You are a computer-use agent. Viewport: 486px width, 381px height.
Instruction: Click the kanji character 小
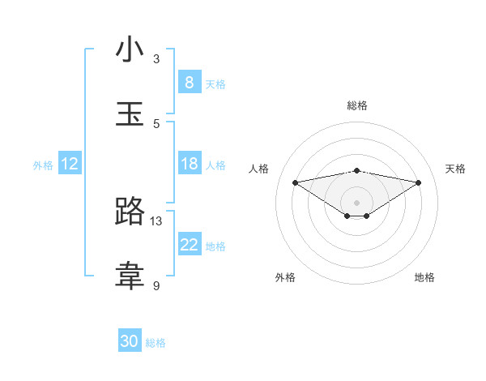(130, 50)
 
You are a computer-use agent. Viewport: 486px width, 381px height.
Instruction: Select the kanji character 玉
(130, 114)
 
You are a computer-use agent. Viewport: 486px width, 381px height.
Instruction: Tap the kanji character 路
(130, 212)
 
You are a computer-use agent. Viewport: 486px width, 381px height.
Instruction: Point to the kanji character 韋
(130, 276)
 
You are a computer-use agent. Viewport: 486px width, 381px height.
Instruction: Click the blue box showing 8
(189, 83)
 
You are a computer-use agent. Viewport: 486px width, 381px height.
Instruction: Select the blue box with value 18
(189, 164)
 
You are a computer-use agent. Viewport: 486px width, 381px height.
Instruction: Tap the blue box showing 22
(189, 245)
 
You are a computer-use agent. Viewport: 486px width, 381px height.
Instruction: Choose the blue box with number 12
(70, 164)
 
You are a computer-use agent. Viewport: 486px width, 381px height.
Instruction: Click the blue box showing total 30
(130, 341)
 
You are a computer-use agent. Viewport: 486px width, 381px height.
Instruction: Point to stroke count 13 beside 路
(156, 220)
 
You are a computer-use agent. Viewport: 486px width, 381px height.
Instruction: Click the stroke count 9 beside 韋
(156, 285)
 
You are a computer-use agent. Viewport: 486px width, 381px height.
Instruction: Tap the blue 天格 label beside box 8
(215, 83)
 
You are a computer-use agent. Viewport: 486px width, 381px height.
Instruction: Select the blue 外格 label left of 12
(43, 165)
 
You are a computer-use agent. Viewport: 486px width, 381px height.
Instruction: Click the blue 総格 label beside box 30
(156, 343)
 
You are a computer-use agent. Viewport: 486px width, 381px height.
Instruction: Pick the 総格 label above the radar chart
(356, 105)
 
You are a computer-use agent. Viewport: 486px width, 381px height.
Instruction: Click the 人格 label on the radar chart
(259, 169)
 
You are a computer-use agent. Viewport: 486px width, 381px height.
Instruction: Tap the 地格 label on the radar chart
(424, 277)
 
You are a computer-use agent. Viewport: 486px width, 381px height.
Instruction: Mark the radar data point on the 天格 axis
(419, 182)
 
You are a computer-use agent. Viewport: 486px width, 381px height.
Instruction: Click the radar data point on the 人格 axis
(295, 182)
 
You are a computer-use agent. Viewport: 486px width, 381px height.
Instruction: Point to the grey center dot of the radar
(356, 202)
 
